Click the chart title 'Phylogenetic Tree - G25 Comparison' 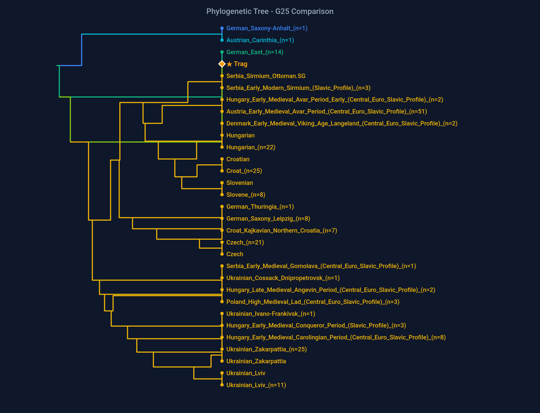click(270, 11)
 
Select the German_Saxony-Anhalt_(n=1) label click(267, 28)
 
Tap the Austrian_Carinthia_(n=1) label click(260, 40)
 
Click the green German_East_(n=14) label click(255, 52)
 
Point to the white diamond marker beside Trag click(222, 64)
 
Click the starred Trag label click(237, 64)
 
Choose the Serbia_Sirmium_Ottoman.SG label click(266, 76)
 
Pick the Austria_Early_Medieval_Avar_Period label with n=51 click(327, 112)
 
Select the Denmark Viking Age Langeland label click(342, 124)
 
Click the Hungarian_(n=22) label click(251, 147)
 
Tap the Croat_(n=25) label click(244, 171)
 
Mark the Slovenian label click(240, 183)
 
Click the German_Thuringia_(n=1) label click(260, 207)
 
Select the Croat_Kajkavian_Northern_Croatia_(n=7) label click(281, 231)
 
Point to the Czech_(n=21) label click(245, 243)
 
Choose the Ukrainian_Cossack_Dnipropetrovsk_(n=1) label click(283, 278)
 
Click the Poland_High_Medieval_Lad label click(313, 302)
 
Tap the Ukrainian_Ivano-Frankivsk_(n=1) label click(270, 314)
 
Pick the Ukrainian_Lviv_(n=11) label click(256, 385)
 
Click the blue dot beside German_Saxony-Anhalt click(222, 28)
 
